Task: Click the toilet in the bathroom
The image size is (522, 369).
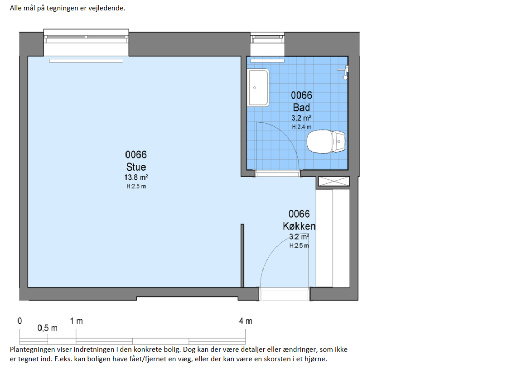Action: (x=326, y=141)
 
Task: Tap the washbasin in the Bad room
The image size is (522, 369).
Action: (x=258, y=87)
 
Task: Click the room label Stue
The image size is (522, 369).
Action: (x=136, y=167)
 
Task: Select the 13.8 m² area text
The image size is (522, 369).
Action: (x=136, y=177)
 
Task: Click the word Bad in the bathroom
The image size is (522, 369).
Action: (x=301, y=107)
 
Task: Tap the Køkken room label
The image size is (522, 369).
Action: (x=299, y=226)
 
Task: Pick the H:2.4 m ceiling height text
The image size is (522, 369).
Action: (x=302, y=127)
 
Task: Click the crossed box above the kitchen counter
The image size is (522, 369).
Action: (x=334, y=182)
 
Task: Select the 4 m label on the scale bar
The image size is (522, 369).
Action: (x=245, y=321)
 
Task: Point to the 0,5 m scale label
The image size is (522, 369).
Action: (x=47, y=328)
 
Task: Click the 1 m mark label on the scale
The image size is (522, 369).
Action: (x=76, y=321)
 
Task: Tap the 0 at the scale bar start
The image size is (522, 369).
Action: (x=19, y=321)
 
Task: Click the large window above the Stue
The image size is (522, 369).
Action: (x=86, y=36)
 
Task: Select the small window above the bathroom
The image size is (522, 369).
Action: (x=267, y=38)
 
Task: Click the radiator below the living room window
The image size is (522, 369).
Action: (x=86, y=61)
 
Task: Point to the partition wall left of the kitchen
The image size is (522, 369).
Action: (x=242, y=255)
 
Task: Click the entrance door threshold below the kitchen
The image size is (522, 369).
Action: (x=284, y=294)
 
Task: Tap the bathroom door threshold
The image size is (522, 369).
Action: (x=277, y=173)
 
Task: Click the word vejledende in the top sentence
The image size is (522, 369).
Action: (x=106, y=8)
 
